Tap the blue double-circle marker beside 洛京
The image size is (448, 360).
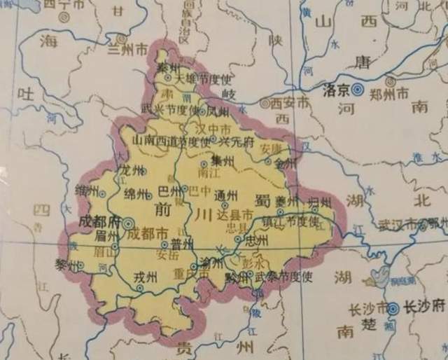click(x=357, y=89)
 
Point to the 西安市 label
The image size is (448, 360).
click(x=288, y=103)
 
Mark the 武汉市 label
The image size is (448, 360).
click(x=397, y=224)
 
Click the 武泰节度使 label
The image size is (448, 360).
click(x=283, y=276)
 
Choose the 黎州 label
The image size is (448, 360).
click(x=68, y=264)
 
